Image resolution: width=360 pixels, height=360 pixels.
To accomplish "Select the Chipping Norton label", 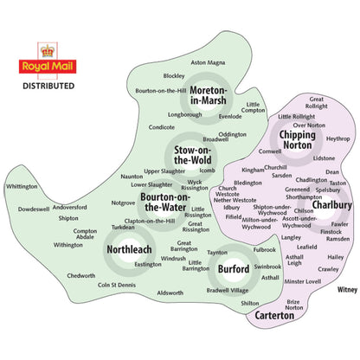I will coord(299,139).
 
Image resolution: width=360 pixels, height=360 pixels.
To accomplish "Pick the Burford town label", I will coord(233,269).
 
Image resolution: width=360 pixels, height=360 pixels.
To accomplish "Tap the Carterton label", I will coord(281,316).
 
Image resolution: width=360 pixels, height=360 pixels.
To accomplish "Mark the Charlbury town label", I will coord(331,205).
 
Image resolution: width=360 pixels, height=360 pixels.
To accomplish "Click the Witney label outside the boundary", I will coord(347,290).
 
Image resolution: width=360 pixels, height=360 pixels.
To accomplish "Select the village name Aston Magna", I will coord(208,62).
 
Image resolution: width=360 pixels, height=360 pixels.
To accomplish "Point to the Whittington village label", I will coord(22,186).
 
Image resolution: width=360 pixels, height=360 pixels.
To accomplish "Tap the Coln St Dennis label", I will coord(116,285).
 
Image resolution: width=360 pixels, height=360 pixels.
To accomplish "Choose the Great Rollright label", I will coord(317,103).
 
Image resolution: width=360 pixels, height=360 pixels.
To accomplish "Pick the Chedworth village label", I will coord(81,275).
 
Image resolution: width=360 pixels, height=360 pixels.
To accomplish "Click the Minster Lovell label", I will coord(303,282).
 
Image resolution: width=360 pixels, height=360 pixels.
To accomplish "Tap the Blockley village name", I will coord(174,75).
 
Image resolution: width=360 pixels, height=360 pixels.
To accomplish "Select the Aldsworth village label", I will coord(170,293).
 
